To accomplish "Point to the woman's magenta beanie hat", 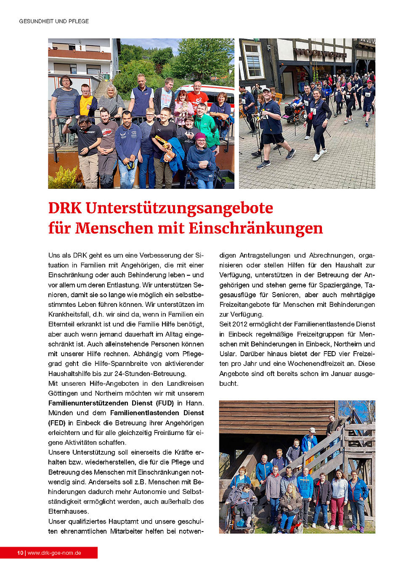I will (200, 136).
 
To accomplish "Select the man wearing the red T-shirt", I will (197, 97).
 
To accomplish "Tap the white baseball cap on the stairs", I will (312, 430).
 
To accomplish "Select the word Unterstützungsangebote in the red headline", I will (179, 208).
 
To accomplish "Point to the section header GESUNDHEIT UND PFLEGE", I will (54, 21).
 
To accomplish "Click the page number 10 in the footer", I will (20, 553).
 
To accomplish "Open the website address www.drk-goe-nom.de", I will (54, 553).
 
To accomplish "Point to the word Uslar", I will (228, 354).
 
